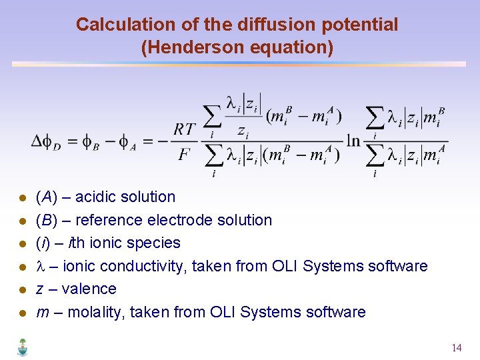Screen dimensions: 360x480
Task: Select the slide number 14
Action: click(457, 348)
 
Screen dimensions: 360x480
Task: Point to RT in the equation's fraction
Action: click(185, 129)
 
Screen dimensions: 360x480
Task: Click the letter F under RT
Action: click(185, 155)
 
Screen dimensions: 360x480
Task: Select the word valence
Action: click(89, 289)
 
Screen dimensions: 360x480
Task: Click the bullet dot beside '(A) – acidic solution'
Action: click(22, 198)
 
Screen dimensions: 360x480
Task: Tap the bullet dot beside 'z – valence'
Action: click(22, 290)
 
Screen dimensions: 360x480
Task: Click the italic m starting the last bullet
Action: click(42, 312)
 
